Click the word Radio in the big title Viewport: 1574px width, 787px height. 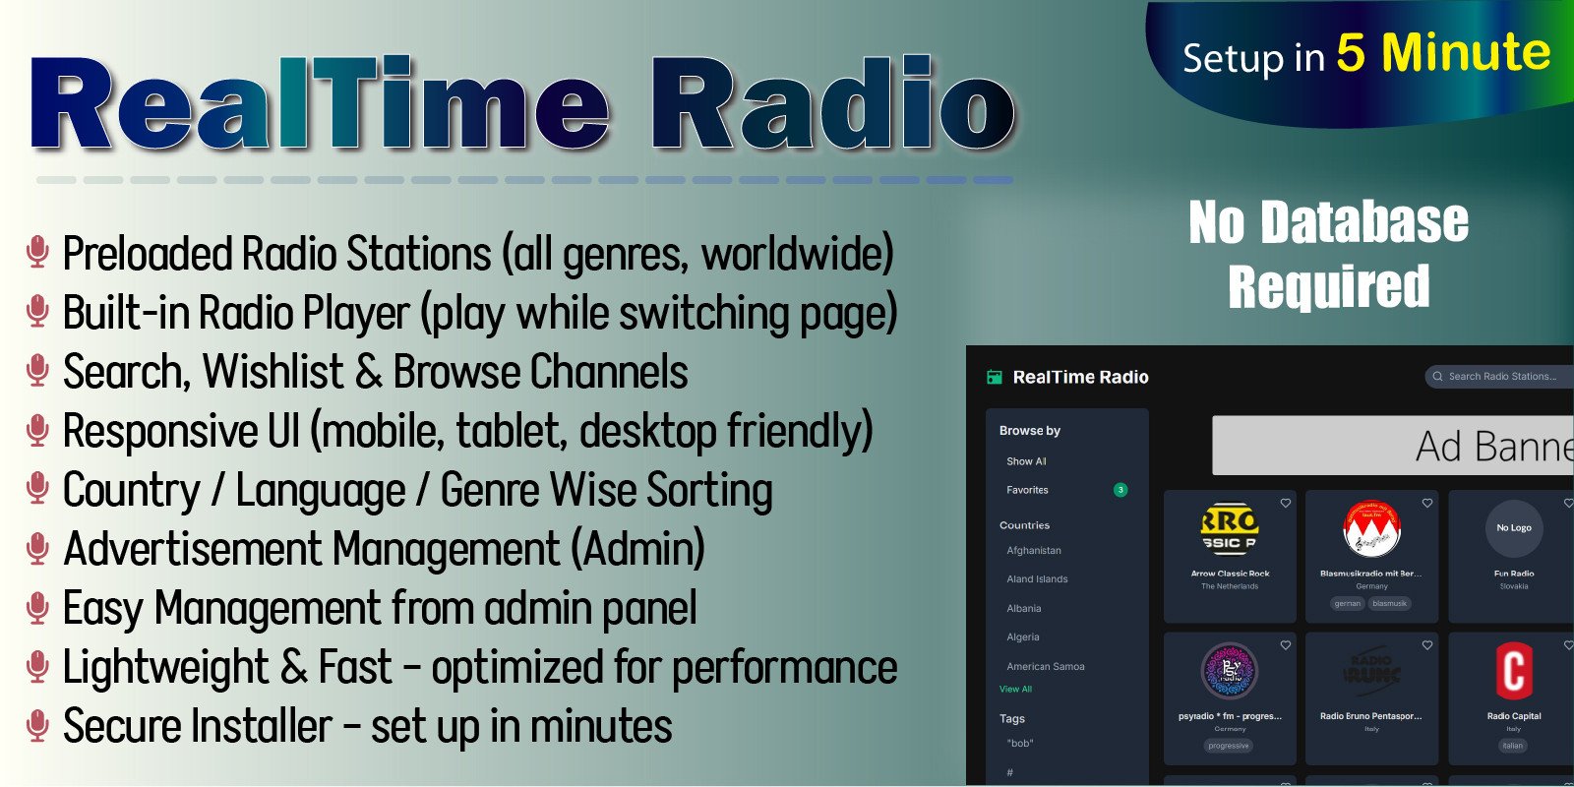(832, 106)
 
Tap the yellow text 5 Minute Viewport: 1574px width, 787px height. (1442, 53)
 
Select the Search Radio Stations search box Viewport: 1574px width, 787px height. (1500, 377)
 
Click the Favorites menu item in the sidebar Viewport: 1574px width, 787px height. (1027, 490)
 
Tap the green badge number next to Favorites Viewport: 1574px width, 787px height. (1120, 490)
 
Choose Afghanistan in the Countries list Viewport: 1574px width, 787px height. (1034, 551)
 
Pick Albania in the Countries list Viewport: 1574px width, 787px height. (1023, 609)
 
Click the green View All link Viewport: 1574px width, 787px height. (1015, 690)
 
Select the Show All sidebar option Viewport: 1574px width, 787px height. (1026, 461)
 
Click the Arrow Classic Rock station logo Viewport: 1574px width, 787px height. (1230, 529)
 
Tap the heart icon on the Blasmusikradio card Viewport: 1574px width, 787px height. (1427, 504)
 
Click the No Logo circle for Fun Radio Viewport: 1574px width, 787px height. (1514, 528)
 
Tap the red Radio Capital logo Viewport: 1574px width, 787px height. (1514, 671)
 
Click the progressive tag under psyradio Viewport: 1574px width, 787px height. (1229, 746)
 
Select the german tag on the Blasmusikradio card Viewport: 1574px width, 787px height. (1348, 604)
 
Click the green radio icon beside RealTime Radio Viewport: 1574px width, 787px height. (995, 377)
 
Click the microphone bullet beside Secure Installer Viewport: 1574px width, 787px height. (37, 725)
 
